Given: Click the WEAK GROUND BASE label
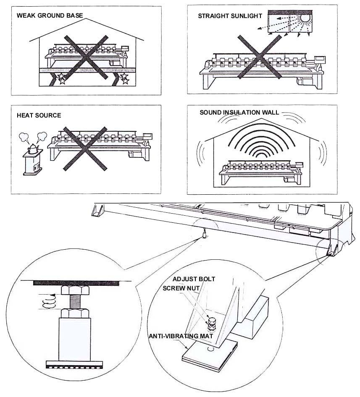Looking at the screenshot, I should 50,16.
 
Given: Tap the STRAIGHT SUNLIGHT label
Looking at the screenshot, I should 230,16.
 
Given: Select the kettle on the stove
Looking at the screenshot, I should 32,149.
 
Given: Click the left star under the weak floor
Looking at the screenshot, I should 62,78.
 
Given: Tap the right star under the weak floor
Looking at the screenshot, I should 124,77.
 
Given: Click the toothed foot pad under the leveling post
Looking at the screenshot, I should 74,364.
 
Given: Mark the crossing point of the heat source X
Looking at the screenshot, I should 85,147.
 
